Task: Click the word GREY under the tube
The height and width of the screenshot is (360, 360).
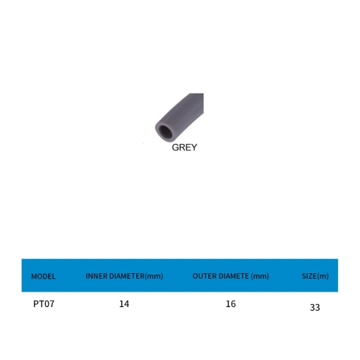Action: pos(184,148)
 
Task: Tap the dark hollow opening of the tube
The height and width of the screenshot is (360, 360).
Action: pos(165,132)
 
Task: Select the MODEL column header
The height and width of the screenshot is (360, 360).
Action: pos(44,276)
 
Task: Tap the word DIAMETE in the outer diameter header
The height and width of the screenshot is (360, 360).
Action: pos(232,276)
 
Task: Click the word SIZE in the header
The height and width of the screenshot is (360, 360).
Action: pos(309,276)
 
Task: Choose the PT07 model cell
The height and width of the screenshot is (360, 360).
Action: pos(44,304)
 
